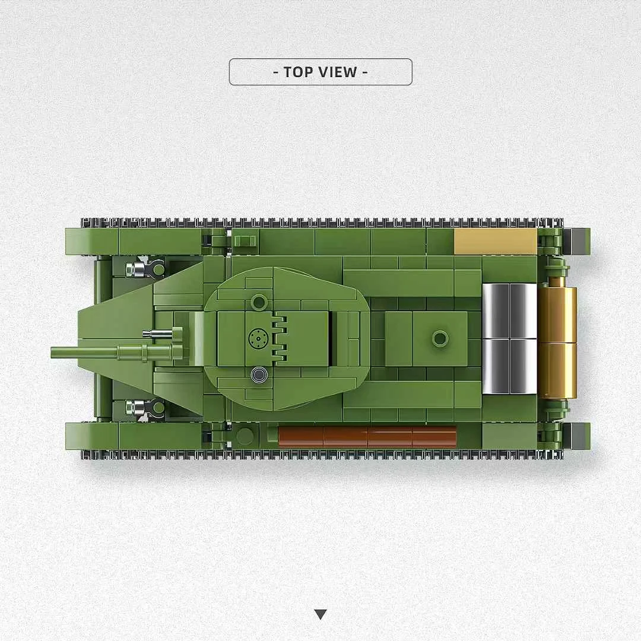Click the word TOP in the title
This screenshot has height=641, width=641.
300,72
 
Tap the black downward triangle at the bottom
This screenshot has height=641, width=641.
320,614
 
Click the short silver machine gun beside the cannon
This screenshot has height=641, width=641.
160,334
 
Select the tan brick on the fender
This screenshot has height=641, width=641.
496,242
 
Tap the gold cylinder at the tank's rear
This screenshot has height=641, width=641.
557,342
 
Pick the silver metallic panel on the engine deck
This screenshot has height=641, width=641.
509,339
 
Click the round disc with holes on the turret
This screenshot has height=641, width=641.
257,339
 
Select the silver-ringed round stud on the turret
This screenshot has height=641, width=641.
258,374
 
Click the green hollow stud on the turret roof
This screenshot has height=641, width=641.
258,302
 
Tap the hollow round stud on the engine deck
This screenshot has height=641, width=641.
440,339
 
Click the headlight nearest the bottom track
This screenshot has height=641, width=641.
138,408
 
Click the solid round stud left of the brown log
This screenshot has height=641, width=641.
245,436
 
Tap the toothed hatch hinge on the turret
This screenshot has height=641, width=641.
278,339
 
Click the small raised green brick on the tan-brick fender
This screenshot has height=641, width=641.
244,241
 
